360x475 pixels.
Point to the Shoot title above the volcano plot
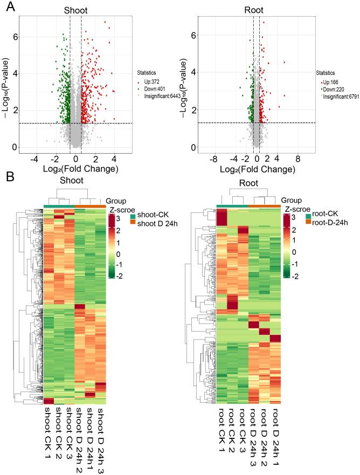point(75,10)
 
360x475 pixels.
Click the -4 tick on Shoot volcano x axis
point(34,160)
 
